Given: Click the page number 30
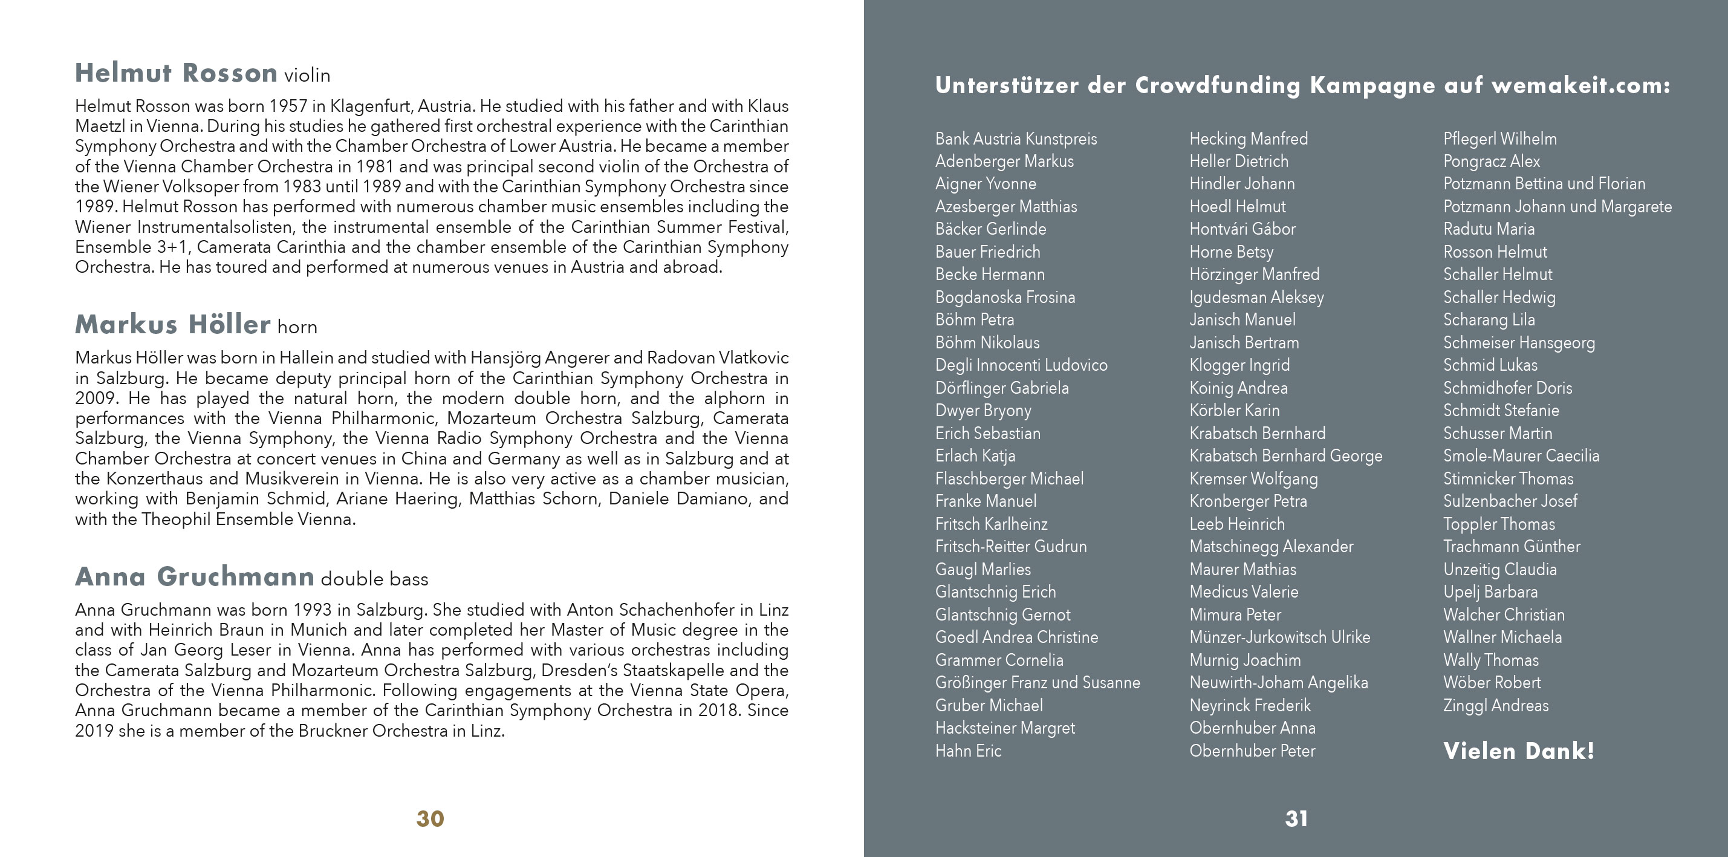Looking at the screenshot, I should (430, 819).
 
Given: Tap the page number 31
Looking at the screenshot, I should (1296, 819).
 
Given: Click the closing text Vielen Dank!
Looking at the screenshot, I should (1518, 751).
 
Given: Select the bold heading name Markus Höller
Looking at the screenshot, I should (172, 325).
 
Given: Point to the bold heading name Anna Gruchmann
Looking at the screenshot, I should (195, 577).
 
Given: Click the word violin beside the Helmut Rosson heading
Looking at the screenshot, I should (307, 75).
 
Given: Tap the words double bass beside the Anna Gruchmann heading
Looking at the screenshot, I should (374, 579).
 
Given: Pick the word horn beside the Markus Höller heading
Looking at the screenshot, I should (297, 327).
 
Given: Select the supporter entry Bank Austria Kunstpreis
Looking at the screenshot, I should (1016, 139).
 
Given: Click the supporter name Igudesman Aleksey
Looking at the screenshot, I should (1256, 298).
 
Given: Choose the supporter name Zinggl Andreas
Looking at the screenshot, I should (1496, 705).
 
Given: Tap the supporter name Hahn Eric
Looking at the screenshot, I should (968, 751).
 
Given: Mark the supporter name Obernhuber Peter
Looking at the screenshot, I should (1252, 751).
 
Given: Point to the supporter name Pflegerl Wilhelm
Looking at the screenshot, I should (1500, 139).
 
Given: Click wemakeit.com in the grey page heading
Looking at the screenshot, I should (1580, 85).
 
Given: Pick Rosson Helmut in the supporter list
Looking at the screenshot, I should (1495, 252).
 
